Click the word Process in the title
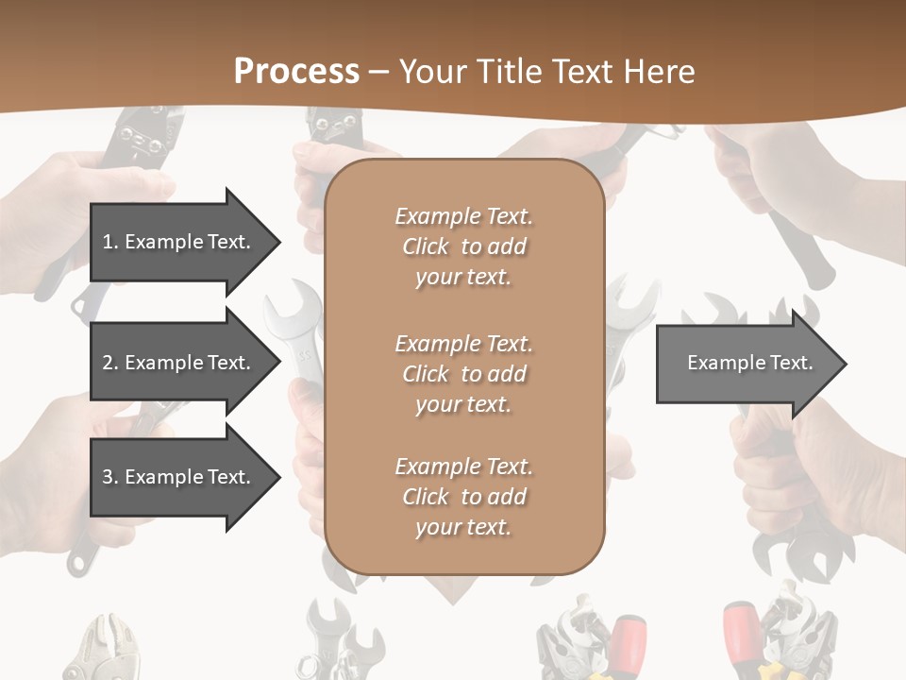tap(296, 72)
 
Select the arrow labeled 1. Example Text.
tap(179, 242)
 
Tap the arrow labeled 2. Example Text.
tap(179, 363)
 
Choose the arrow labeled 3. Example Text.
tap(179, 477)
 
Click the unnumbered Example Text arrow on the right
tap(746, 363)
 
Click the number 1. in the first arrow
tap(110, 242)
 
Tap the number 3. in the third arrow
tap(110, 477)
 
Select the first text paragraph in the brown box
tap(463, 246)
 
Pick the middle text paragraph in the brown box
tap(463, 374)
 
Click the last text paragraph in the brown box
tap(463, 497)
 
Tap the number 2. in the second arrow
tap(110, 363)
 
